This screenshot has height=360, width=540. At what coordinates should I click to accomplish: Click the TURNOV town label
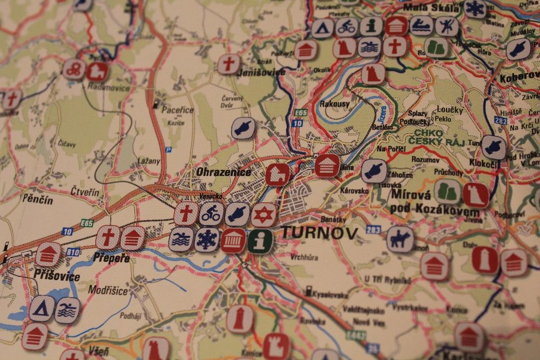(x=319, y=233)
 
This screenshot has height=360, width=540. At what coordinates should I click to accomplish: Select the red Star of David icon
(x=264, y=214)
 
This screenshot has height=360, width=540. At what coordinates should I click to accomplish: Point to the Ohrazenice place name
(x=224, y=173)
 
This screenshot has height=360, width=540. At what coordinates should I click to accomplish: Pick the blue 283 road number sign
(x=373, y=229)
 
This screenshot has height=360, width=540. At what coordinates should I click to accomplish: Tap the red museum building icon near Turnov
(x=233, y=240)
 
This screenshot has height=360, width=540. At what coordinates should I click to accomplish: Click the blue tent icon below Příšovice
(x=42, y=308)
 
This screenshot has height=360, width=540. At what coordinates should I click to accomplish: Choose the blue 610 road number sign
(x=73, y=251)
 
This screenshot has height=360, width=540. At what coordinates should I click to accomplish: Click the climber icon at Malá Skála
(x=447, y=26)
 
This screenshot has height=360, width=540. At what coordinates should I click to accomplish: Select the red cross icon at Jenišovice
(x=228, y=64)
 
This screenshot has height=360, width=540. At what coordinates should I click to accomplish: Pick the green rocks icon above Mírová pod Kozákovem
(x=448, y=192)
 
